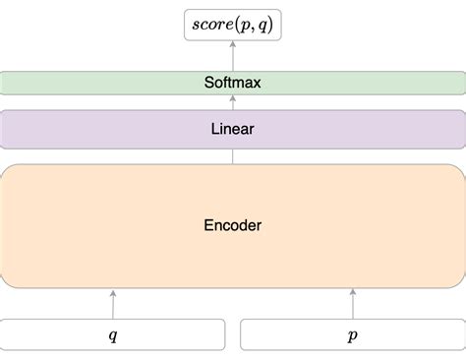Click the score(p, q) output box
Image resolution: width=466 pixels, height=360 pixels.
[x=232, y=24]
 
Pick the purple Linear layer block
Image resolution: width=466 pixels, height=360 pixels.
[x=98, y=129]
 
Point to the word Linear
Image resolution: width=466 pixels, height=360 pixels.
[x=232, y=129]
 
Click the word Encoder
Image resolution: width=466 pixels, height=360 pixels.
[x=232, y=225]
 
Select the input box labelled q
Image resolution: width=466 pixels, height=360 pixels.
[x=59, y=334]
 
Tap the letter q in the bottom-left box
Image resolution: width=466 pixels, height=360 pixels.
[x=113, y=335]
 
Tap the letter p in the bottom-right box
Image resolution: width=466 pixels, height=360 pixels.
[x=352, y=335]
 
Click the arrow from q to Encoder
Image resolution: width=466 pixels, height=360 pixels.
[x=113, y=305]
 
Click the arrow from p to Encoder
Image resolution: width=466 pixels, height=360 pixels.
[x=352, y=305]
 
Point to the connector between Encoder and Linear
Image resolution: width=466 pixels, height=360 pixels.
[x=232, y=156]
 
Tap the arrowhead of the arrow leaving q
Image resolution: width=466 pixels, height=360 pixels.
[x=113, y=293]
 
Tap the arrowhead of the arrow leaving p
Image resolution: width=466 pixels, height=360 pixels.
[x=352, y=293]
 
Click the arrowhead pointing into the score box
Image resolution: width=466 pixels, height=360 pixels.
[x=232, y=46]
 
